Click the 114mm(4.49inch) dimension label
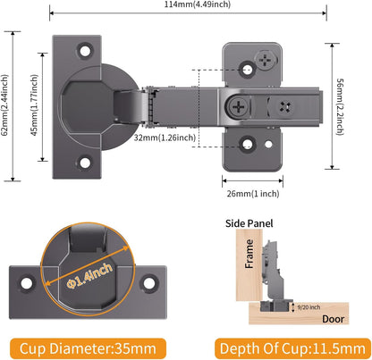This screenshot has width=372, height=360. pyautogui.click(x=198, y=4)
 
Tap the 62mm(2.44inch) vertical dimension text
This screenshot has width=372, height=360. pyautogui.click(x=5, y=105)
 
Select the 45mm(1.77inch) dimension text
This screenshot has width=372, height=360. pyautogui.click(x=35, y=105)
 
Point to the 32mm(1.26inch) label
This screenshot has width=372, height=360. pyautogui.click(x=165, y=138)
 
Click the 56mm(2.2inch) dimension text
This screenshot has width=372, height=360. pyautogui.click(x=340, y=106)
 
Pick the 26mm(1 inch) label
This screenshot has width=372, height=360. pyautogui.click(x=253, y=194)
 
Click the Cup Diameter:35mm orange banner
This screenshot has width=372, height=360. pyautogui.click(x=88, y=348)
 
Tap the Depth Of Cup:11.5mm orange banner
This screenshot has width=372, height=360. pyautogui.click(x=292, y=348)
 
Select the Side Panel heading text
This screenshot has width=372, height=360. pyautogui.click(x=249, y=223)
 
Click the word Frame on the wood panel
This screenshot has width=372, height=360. pyautogui.click(x=249, y=254)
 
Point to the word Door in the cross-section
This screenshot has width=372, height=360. pyautogui.click(x=333, y=319)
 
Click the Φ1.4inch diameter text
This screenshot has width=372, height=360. pyautogui.click(x=89, y=275)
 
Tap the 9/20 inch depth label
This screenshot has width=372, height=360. pyautogui.click(x=309, y=307)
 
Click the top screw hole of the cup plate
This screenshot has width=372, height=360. pyautogui.click(x=85, y=51)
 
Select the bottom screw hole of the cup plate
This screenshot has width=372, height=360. pyautogui.click(x=85, y=163)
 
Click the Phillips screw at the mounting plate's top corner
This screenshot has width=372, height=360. pyautogui.click(x=265, y=61)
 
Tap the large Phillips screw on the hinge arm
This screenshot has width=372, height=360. pyautogui.click(x=239, y=106)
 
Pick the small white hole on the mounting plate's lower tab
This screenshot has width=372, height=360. pyautogui.click(x=268, y=145)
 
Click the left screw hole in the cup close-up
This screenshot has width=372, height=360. pyautogui.click(x=27, y=283)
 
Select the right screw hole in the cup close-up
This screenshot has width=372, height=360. pyautogui.click(x=149, y=283)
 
